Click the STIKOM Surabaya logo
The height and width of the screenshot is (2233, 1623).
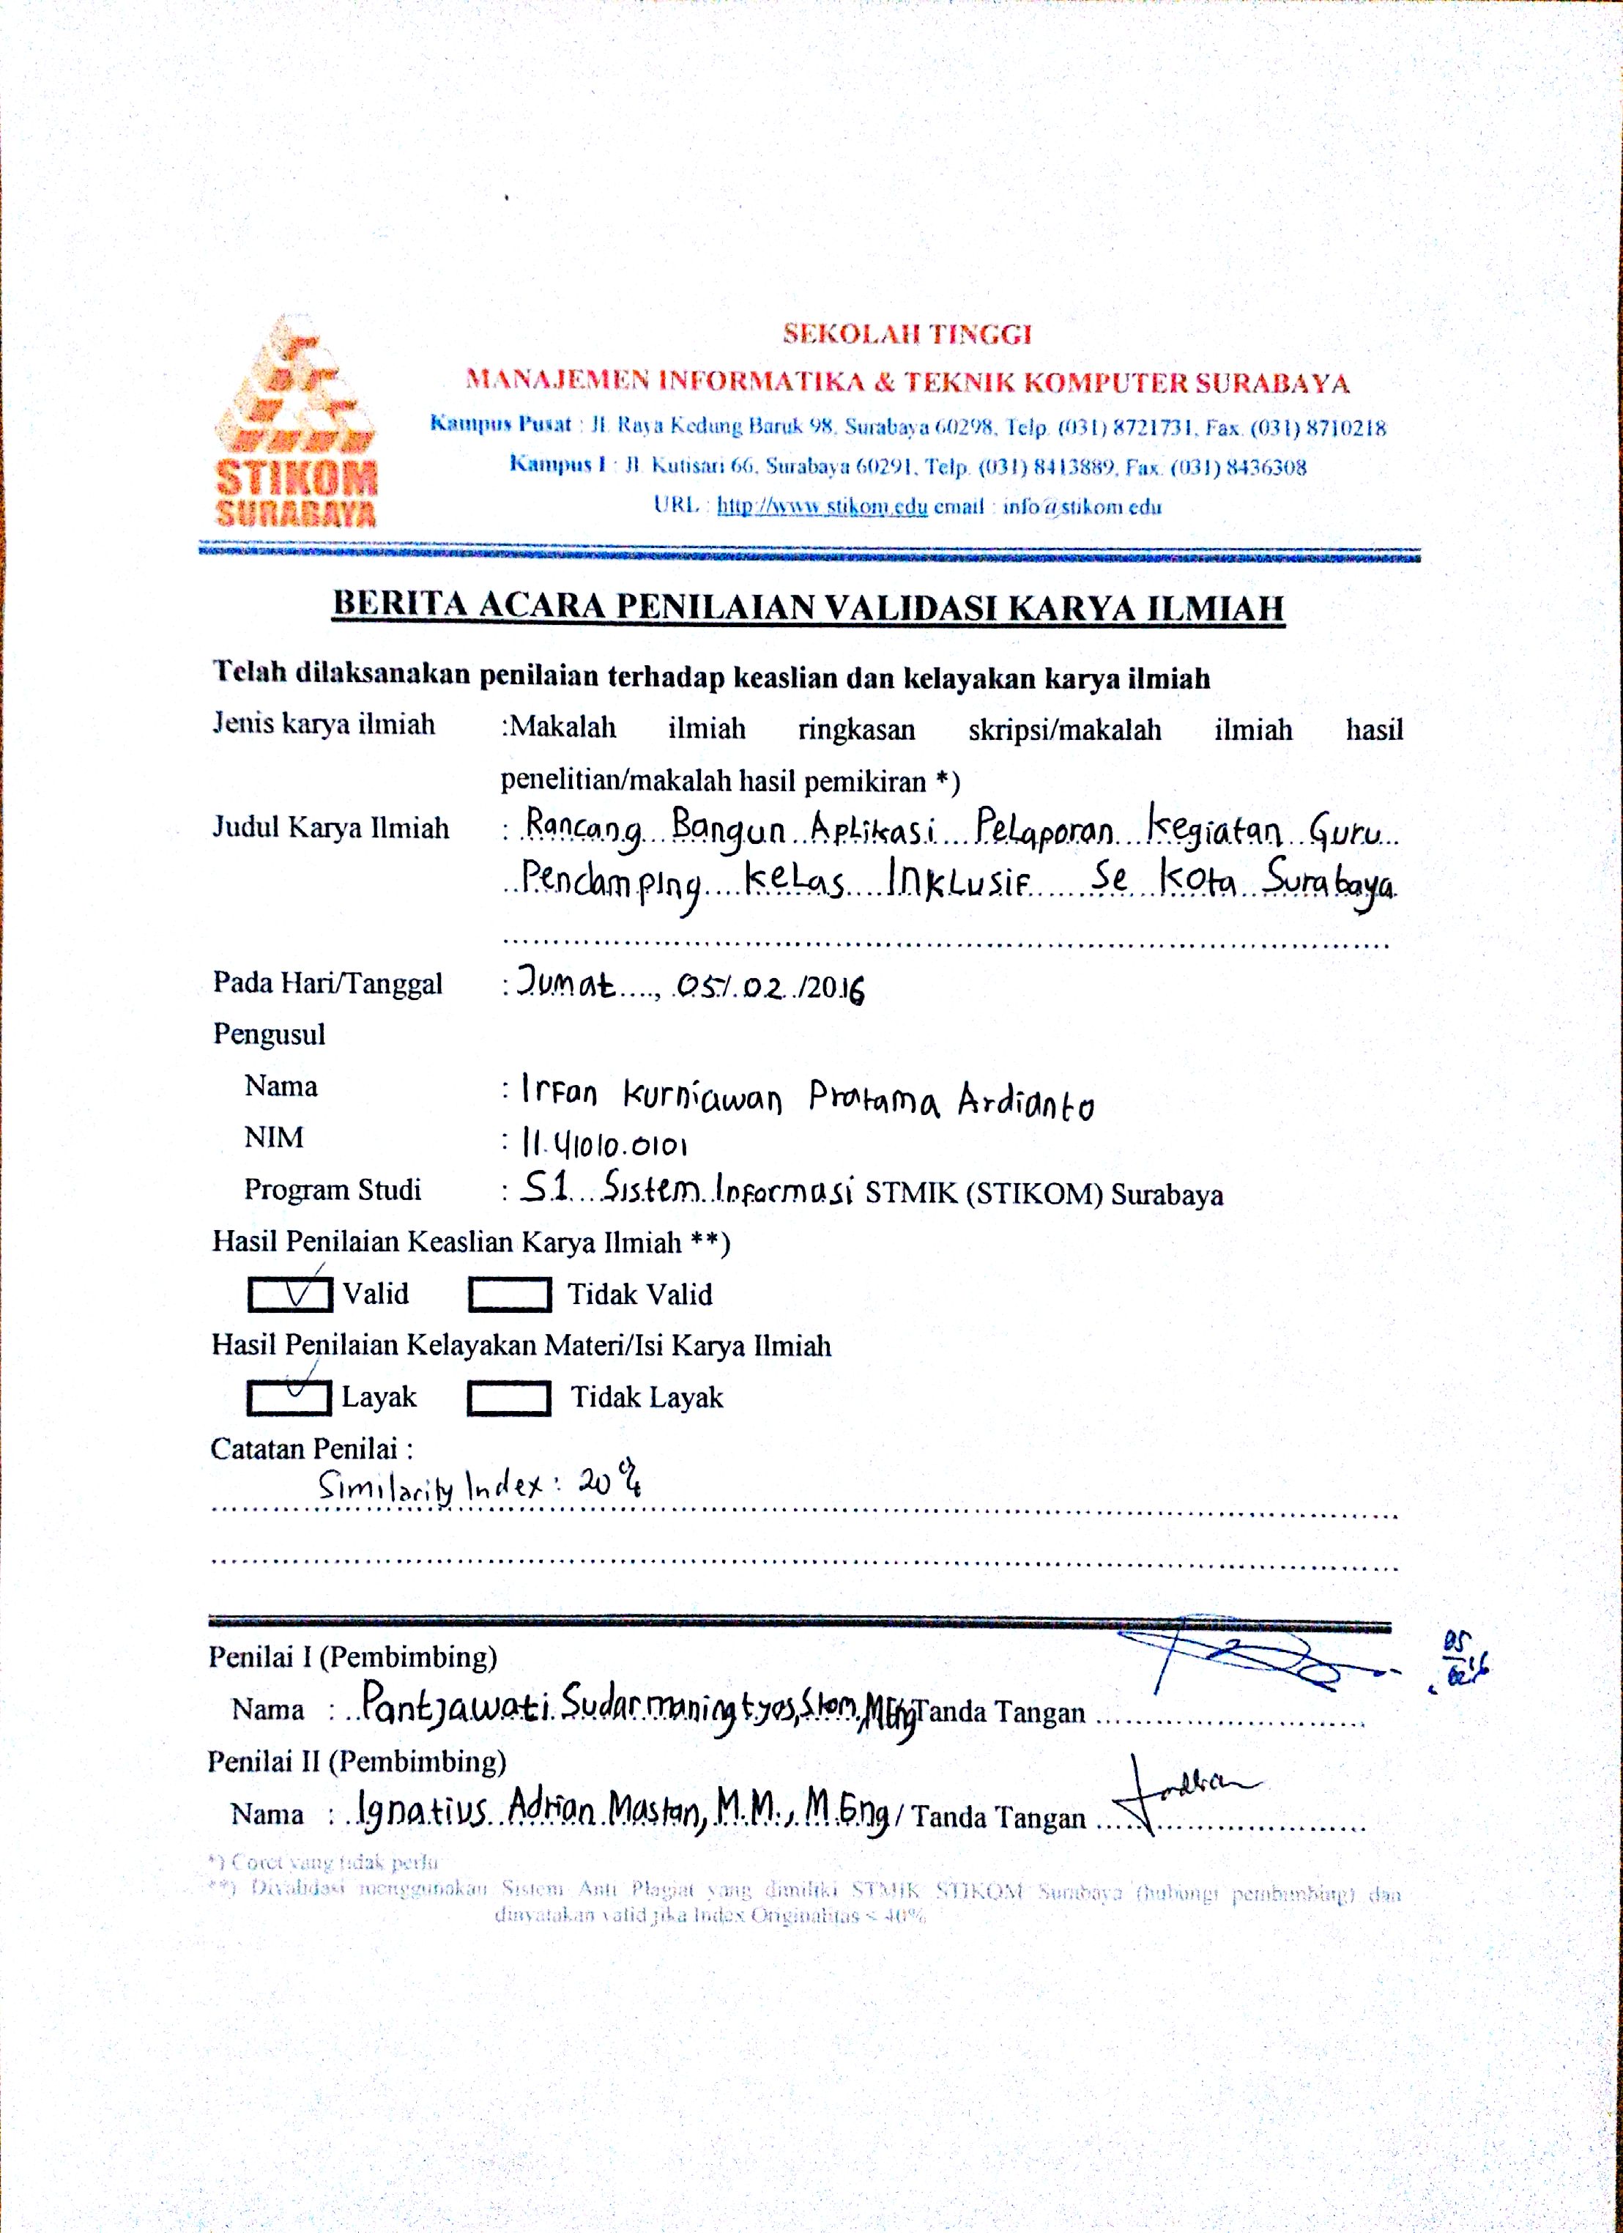click(295, 421)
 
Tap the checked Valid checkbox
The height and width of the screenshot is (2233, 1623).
click(289, 1294)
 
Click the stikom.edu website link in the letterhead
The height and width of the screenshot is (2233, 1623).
click(822, 506)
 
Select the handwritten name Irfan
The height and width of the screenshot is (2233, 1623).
click(559, 1093)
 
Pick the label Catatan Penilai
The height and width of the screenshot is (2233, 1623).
click(311, 1448)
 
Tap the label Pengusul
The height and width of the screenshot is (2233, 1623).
click(269, 1034)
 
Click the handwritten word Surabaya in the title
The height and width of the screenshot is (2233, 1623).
click(1330, 881)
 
